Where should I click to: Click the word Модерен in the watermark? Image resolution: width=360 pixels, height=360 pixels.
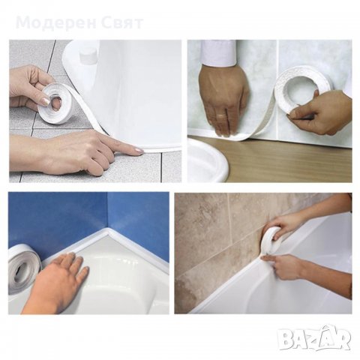(x=57, y=22)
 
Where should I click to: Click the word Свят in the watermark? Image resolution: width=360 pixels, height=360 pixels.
(x=122, y=22)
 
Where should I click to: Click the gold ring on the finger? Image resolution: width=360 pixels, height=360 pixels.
(x=221, y=115)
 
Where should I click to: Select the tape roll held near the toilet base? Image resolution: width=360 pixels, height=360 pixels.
(x=54, y=104)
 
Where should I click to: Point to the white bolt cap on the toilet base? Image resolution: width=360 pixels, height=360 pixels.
(x=88, y=56)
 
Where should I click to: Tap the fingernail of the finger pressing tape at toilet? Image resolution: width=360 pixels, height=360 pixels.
(x=139, y=151)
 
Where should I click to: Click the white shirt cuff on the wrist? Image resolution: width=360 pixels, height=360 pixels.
(x=218, y=53)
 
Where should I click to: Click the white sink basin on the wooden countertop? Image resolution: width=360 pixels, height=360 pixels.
(x=208, y=160)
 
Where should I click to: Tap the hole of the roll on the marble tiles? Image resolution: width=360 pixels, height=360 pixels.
(x=304, y=90)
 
